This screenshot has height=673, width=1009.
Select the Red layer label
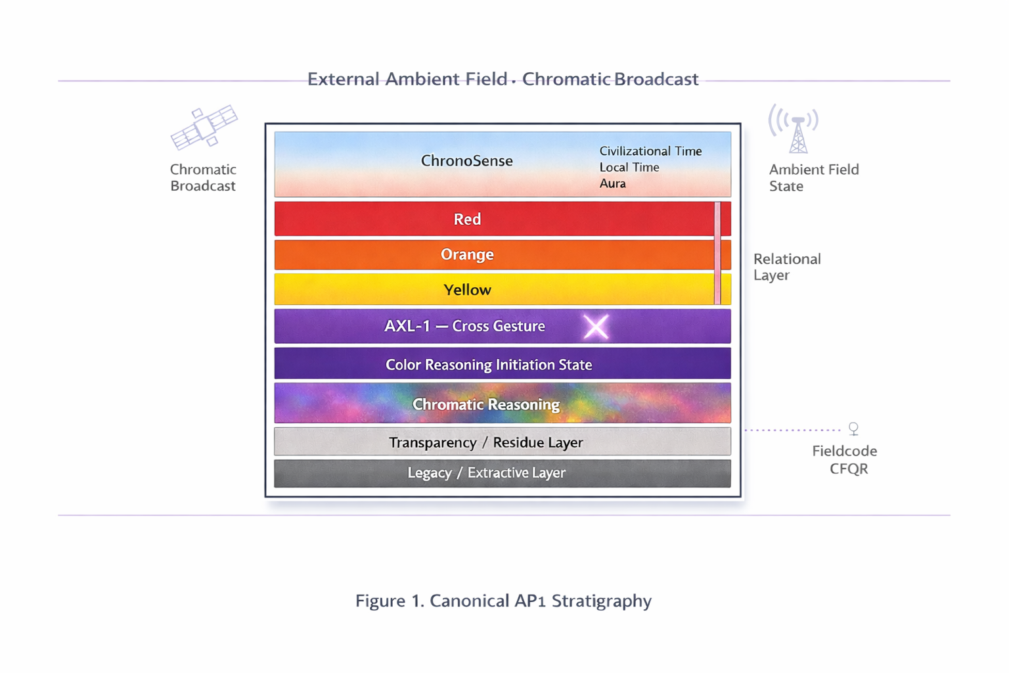tap(467, 219)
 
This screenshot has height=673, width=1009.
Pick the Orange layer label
tap(467, 254)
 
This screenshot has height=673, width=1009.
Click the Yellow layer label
tap(467, 290)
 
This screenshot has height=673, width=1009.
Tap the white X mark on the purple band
tap(596, 327)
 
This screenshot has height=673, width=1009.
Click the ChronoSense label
tap(466, 161)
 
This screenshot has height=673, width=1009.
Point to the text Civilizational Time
tap(650, 151)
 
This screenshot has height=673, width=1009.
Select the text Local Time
tap(629, 168)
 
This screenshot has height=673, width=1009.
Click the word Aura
tap(612, 184)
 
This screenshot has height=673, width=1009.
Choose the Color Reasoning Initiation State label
tap(489, 365)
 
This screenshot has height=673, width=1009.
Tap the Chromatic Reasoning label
tap(486, 404)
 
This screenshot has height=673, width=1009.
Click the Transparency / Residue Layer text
tap(485, 442)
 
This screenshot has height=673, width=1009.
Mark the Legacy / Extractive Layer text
tap(486, 473)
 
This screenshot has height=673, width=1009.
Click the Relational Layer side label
tap(786, 267)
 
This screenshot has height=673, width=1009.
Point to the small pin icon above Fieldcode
tap(853, 429)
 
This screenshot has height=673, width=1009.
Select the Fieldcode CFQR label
tap(845, 459)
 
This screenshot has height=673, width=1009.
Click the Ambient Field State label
tap(813, 177)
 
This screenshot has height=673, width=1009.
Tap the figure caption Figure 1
tap(503, 601)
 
